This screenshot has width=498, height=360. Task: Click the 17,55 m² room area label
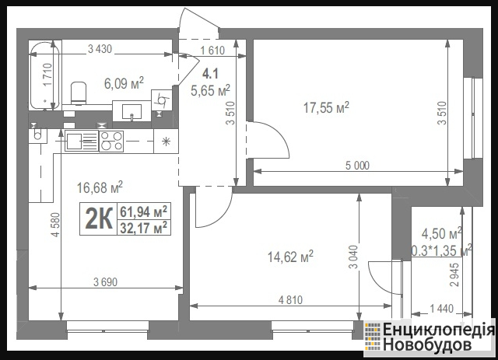(x=326, y=108)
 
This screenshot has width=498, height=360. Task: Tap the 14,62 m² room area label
(x=290, y=257)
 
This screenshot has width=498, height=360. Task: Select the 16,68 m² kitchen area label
(x=100, y=187)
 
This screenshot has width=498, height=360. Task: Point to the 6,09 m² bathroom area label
(x=124, y=83)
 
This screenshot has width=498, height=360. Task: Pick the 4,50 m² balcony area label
(x=441, y=234)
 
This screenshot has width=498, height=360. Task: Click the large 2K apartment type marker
(x=99, y=218)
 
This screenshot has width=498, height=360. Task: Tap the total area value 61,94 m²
(x=143, y=211)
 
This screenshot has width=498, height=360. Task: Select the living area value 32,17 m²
(x=143, y=227)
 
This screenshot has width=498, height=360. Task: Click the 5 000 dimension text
(x=358, y=166)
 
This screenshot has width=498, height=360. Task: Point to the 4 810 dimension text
(x=290, y=300)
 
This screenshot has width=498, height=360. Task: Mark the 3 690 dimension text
(x=106, y=282)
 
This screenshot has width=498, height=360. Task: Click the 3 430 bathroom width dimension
(x=100, y=49)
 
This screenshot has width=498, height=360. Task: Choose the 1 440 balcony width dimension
(x=441, y=308)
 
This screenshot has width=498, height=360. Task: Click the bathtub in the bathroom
(x=45, y=75)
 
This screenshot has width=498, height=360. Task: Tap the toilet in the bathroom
(x=79, y=93)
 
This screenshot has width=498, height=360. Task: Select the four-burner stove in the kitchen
(x=111, y=142)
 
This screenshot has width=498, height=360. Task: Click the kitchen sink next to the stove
(x=82, y=142)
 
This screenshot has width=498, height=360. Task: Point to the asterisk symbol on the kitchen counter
(x=166, y=142)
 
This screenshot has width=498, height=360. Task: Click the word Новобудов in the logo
(x=426, y=344)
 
